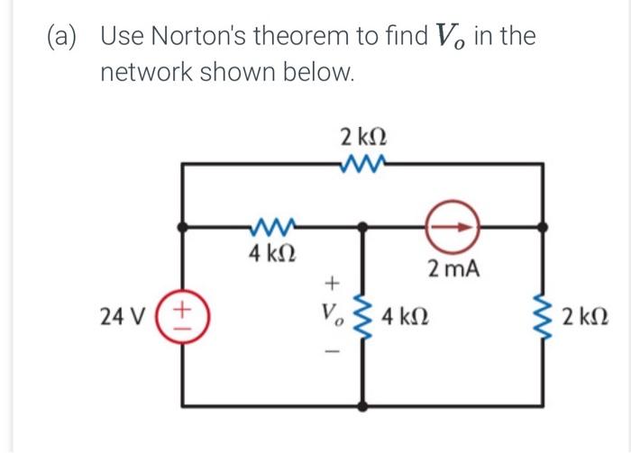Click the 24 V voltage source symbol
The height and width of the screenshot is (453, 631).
pyautogui.click(x=183, y=316)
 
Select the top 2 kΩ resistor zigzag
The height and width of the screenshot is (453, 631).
pyautogui.click(x=363, y=164)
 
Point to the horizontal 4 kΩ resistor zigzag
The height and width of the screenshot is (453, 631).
pyautogui.click(x=272, y=227)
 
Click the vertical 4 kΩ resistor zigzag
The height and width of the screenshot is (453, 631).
pyautogui.click(x=364, y=317)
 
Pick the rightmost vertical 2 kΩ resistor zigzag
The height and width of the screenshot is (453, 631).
pyautogui.click(x=544, y=317)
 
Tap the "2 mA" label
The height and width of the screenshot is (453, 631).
pyautogui.click(x=454, y=268)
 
